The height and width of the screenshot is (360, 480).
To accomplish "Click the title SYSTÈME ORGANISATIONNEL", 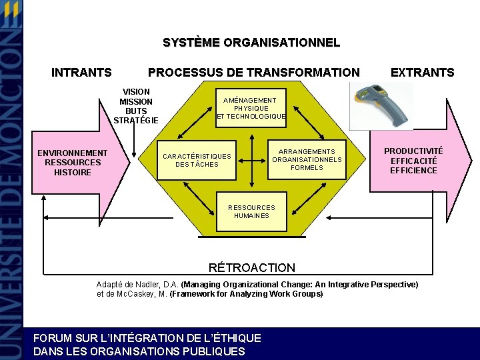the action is click(x=251, y=43).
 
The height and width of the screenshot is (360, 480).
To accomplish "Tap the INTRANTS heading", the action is click(x=81, y=73).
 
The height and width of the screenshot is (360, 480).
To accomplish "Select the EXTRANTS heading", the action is click(x=422, y=73).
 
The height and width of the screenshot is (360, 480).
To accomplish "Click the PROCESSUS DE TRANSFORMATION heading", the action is click(x=253, y=73).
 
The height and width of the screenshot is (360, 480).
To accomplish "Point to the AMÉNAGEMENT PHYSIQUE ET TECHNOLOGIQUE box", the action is click(x=251, y=108).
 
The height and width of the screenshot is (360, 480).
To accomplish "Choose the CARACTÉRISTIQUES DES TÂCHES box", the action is click(x=197, y=160).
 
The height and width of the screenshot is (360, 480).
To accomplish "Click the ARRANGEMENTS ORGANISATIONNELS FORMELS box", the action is click(x=307, y=160).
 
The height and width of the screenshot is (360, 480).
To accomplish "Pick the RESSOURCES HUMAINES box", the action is click(x=251, y=211).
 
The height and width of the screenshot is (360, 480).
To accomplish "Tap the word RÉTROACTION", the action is click(x=251, y=268).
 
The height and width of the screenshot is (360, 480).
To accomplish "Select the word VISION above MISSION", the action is click(x=136, y=91).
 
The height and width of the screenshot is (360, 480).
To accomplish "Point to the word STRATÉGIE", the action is click(x=136, y=121).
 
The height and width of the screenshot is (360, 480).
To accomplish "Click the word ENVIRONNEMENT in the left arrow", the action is click(x=72, y=153).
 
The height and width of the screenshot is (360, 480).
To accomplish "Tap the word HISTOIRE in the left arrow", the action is click(x=72, y=172).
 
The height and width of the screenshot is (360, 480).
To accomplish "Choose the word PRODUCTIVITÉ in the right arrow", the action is click(x=413, y=151).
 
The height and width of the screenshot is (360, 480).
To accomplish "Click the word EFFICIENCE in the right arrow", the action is click(x=413, y=171).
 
